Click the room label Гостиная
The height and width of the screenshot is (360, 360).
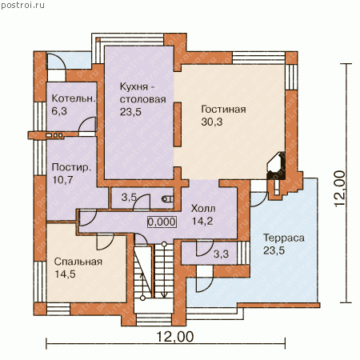click(223, 110)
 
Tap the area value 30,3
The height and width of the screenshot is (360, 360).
click(212, 122)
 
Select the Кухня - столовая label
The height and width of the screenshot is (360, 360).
click(142, 93)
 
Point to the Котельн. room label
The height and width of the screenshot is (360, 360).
click(74, 98)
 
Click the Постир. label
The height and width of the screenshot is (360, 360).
click(71, 167)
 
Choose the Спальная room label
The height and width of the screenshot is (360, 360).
click(78, 262)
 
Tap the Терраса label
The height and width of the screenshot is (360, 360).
click(284, 238)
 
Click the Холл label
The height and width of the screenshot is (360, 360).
click(203, 209)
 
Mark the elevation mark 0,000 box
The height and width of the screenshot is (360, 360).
click(162, 222)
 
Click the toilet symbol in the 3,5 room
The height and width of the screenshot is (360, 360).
click(168, 198)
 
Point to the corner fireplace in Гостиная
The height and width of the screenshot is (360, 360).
click(276, 166)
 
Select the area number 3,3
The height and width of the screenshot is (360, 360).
click(221, 254)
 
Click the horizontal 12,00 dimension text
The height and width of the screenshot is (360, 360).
click(174, 337)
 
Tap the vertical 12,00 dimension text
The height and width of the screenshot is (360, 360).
click(339, 188)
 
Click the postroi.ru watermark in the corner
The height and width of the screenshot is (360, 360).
click(22, 6)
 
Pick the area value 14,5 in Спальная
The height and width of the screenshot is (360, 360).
click(65, 274)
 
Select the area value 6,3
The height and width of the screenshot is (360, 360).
click(59, 111)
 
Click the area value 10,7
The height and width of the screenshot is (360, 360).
click(62, 180)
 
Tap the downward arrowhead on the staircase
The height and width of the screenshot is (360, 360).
click(164, 294)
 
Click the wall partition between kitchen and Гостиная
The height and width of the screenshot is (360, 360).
click(178, 125)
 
